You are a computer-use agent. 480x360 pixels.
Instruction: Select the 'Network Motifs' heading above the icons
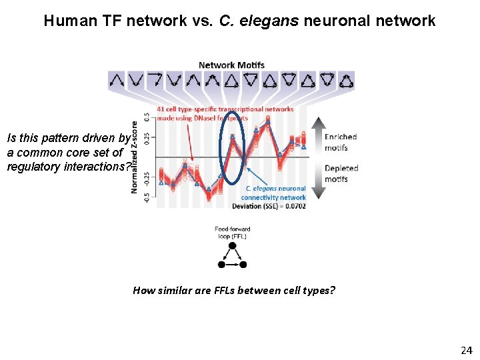click(x=231, y=65)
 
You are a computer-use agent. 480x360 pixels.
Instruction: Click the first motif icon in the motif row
click(x=116, y=81)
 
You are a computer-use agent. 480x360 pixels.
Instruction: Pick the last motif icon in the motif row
click(x=347, y=81)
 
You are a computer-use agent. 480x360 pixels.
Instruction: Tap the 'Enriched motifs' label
click(x=341, y=141)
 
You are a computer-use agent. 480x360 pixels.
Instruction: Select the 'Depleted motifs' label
click(x=341, y=173)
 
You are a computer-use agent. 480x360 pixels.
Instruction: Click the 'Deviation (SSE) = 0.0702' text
click(x=273, y=206)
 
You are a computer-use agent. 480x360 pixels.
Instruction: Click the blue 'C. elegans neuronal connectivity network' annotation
click(x=273, y=193)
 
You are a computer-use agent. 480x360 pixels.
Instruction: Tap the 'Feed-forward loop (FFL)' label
click(x=232, y=233)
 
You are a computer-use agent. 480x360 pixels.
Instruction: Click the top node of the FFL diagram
click(x=232, y=245)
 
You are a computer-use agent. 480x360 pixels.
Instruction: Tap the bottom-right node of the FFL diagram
click(x=243, y=265)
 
